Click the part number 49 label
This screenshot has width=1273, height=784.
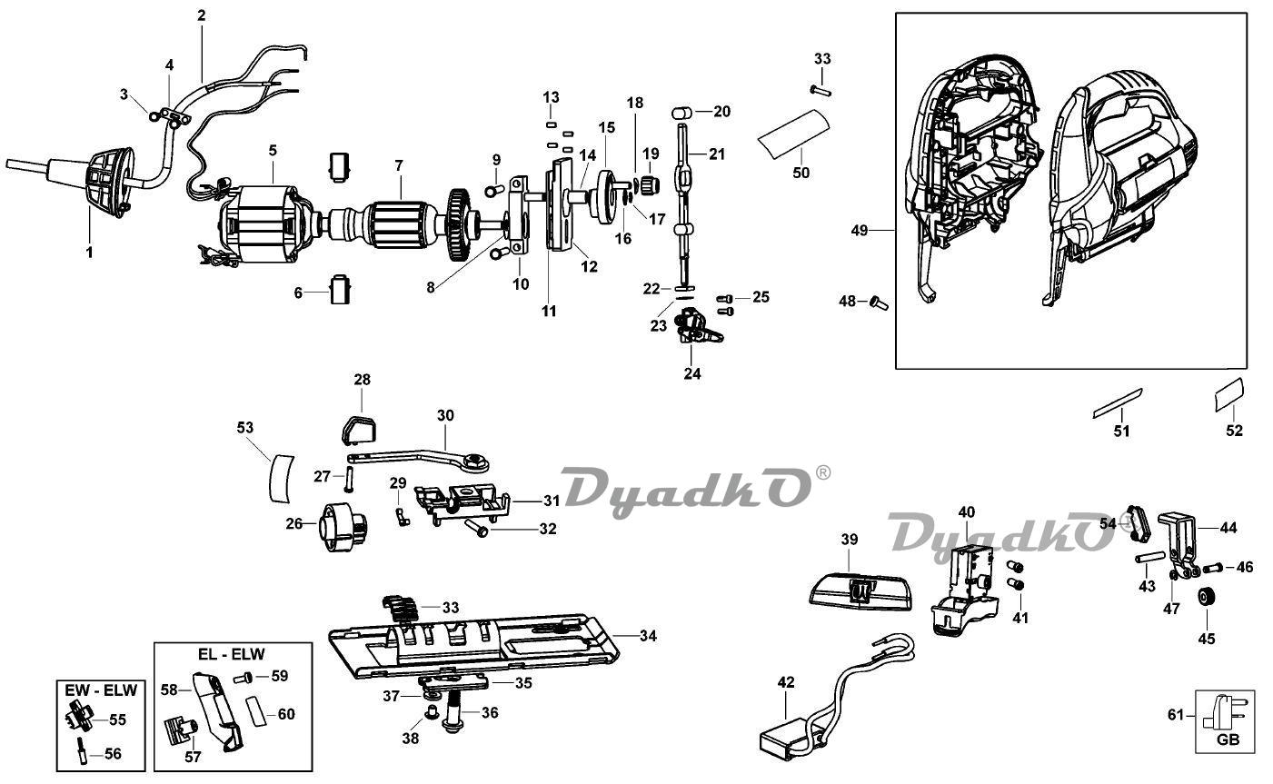860,231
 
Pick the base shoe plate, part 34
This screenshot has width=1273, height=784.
473,646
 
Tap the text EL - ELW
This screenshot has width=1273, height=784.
232,654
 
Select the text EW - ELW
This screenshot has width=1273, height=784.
101,690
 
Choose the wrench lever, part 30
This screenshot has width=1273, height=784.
418,459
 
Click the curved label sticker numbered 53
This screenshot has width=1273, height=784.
281,478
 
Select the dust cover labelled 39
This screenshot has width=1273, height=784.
860,592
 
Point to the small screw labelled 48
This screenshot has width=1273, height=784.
879,303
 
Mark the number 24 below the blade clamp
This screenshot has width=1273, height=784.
692,373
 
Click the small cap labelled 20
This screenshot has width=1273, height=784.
681,113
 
